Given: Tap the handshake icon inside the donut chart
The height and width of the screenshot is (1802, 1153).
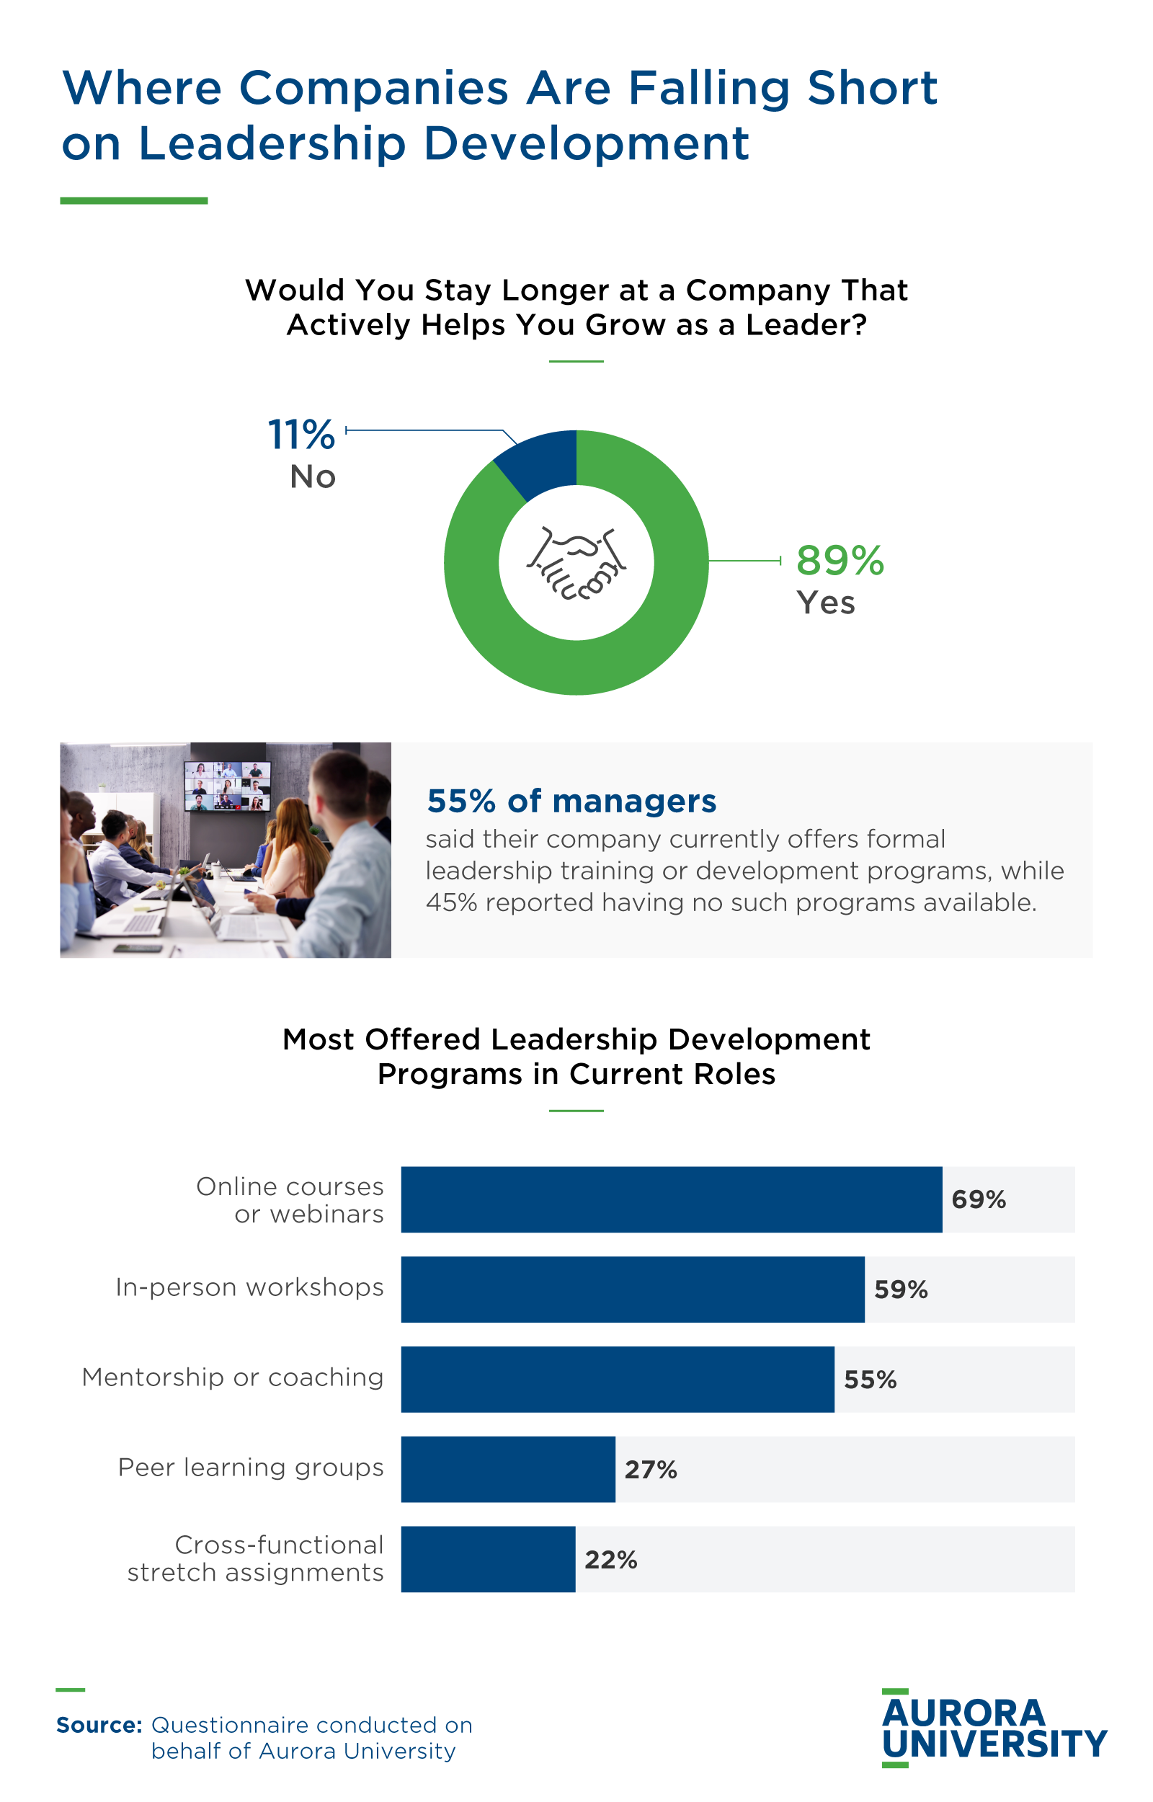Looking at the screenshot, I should click(576, 563).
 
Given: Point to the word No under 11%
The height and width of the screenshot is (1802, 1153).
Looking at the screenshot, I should click(312, 477).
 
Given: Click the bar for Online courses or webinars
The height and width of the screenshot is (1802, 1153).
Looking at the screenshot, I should click(671, 1199).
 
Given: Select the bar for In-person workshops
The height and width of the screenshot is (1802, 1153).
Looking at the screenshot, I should click(632, 1290).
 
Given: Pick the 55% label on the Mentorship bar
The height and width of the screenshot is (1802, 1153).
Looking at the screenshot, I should click(870, 1380).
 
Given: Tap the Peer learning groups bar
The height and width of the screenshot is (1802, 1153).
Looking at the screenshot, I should click(507, 1470).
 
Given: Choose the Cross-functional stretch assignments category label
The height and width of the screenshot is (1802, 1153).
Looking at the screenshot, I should click(256, 1558).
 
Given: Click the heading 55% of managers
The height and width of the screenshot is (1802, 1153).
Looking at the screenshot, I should click(571, 801).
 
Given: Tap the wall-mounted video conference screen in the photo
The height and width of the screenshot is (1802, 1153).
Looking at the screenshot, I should click(228, 786).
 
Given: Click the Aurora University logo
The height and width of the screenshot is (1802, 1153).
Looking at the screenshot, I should click(994, 1728).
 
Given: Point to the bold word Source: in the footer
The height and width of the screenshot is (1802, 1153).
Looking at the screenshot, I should click(99, 1725).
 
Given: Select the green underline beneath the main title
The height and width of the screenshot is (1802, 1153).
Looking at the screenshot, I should click(133, 200).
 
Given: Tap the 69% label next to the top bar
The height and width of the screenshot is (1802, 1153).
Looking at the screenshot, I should click(978, 1199).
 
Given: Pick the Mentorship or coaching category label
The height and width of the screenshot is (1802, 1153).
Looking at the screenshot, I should click(233, 1377).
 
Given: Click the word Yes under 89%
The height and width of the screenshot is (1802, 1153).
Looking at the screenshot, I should click(825, 603).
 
